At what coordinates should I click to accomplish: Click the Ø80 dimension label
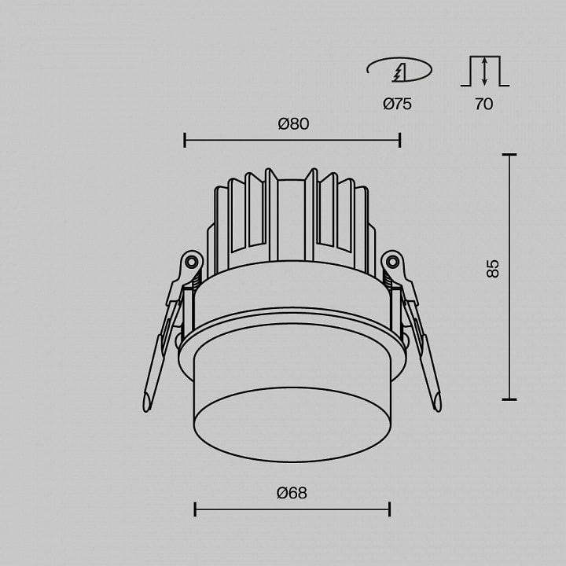click(x=293, y=124)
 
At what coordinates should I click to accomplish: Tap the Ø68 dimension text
click(x=292, y=493)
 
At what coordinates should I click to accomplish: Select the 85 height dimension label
click(x=493, y=268)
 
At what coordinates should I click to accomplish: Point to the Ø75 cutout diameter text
click(x=398, y=104)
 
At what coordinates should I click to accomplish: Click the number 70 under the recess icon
click(x=483, y=104)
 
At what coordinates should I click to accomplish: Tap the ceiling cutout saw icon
click(x=399, y=70)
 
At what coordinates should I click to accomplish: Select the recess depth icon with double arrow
click(x=485, y=71)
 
